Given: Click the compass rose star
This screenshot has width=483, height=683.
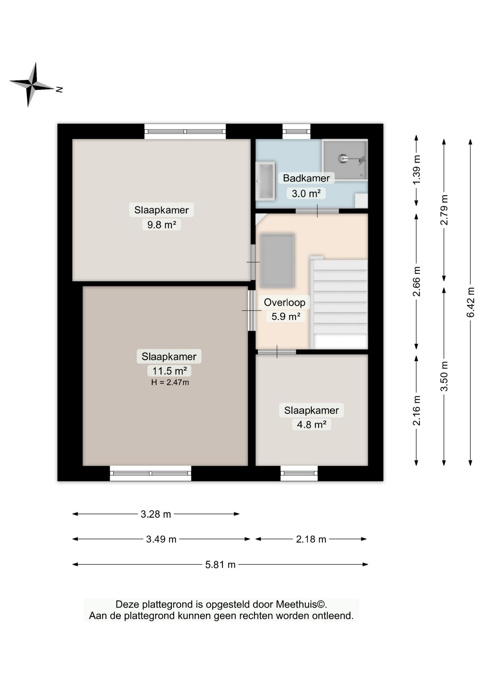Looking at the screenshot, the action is (32, 85).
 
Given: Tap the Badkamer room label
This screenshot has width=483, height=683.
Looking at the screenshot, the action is (306, 178).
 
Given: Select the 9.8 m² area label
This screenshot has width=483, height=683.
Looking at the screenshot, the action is (161, 225).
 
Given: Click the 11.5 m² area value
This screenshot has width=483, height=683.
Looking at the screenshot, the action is (169, 371).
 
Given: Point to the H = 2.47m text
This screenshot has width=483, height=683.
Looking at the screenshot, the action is (170, 382).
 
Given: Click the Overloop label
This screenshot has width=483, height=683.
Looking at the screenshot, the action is (285, 302).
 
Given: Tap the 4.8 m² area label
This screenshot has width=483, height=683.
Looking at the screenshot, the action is (312, 424).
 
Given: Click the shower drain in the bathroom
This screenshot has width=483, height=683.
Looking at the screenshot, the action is (343, 158).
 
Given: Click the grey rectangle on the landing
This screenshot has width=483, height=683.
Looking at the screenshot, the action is (277, 260).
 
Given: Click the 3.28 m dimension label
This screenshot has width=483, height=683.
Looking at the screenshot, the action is (156, 514).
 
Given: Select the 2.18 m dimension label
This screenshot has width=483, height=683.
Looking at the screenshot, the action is (311, 539).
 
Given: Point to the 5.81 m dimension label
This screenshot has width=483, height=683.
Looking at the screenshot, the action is (220, 564).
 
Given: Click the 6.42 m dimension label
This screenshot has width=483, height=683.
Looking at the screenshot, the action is (471, 302).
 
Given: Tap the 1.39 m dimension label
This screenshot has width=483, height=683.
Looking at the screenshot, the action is (416, 169).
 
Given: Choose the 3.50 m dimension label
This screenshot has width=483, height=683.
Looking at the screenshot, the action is (444, 376).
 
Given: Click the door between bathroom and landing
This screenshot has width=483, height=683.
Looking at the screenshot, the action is (317, 211).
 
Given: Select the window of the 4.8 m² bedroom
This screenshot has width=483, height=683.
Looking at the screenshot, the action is (299, 473).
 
